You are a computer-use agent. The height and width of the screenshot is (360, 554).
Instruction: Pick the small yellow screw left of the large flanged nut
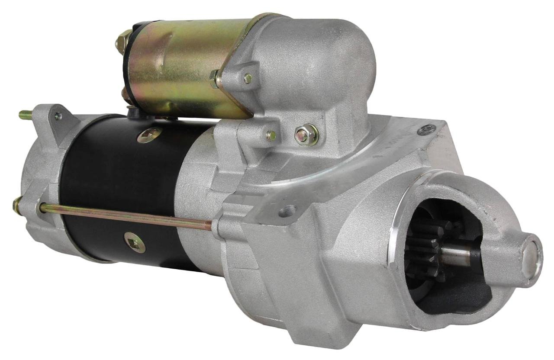[271, 135]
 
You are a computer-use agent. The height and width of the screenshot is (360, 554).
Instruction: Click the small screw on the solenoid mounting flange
[248, 78]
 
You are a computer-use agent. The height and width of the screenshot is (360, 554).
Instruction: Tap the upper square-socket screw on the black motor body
[149, 135]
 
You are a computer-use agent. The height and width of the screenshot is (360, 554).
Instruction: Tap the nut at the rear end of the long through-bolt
[18, 204]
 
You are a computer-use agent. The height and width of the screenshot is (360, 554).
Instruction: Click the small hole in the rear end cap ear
[57, 116]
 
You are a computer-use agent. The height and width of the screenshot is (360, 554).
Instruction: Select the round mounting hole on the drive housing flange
[287, 211]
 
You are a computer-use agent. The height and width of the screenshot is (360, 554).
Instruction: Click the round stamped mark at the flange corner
[426, 129]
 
